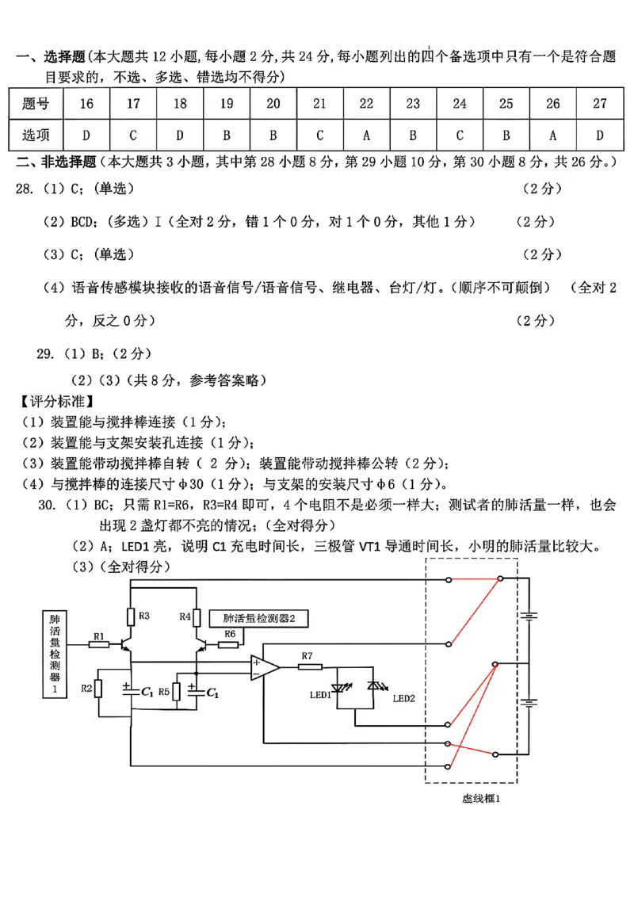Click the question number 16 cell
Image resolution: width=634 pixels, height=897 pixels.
click(86, 104)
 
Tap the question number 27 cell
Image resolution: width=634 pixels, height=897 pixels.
click(600, 104)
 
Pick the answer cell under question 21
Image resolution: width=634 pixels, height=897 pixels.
click(319, 135)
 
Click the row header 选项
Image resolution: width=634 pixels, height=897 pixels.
click(36, 135)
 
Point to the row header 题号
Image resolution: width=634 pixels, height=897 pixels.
click(36, 104)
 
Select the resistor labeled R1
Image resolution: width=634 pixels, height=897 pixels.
click(99, 645)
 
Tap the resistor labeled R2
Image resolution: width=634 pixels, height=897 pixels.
click(98, 688)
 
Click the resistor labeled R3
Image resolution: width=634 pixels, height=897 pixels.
click(132, 616)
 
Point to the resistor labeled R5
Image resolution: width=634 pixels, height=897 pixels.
click(176, 691)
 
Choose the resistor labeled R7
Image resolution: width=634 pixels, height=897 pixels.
click(310, 666)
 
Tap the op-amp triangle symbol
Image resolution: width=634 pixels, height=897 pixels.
click(265, 667)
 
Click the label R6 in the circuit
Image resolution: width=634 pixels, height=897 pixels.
click(230, 634)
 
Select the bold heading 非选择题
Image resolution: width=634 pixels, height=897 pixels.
click(63, 162)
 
